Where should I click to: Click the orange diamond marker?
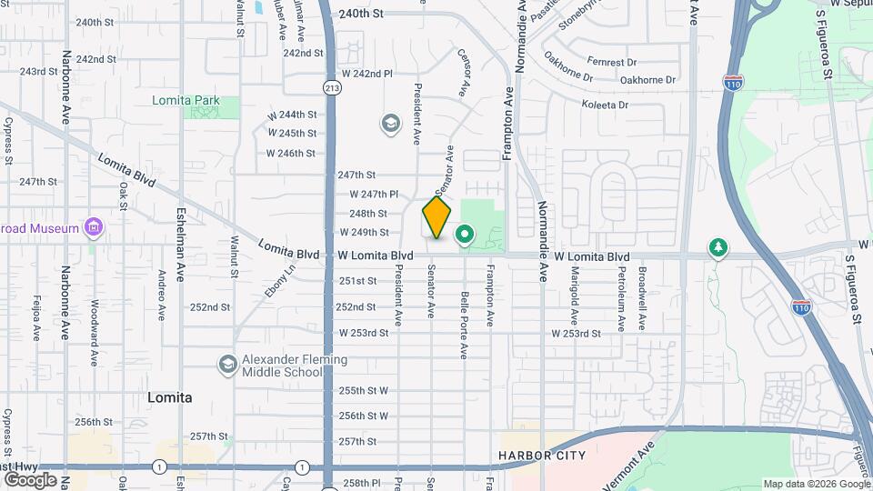[436, 218]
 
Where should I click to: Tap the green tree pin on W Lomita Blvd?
[718, 247]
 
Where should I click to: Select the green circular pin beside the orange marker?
[465, 235]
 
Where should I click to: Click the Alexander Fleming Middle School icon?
[227, 365]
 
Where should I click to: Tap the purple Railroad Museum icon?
[92, 227]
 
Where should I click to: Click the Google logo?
[30, 479]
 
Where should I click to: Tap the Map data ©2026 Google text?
[816, 484]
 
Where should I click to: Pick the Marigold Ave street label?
[574, 296]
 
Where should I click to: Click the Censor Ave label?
[463, 73]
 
